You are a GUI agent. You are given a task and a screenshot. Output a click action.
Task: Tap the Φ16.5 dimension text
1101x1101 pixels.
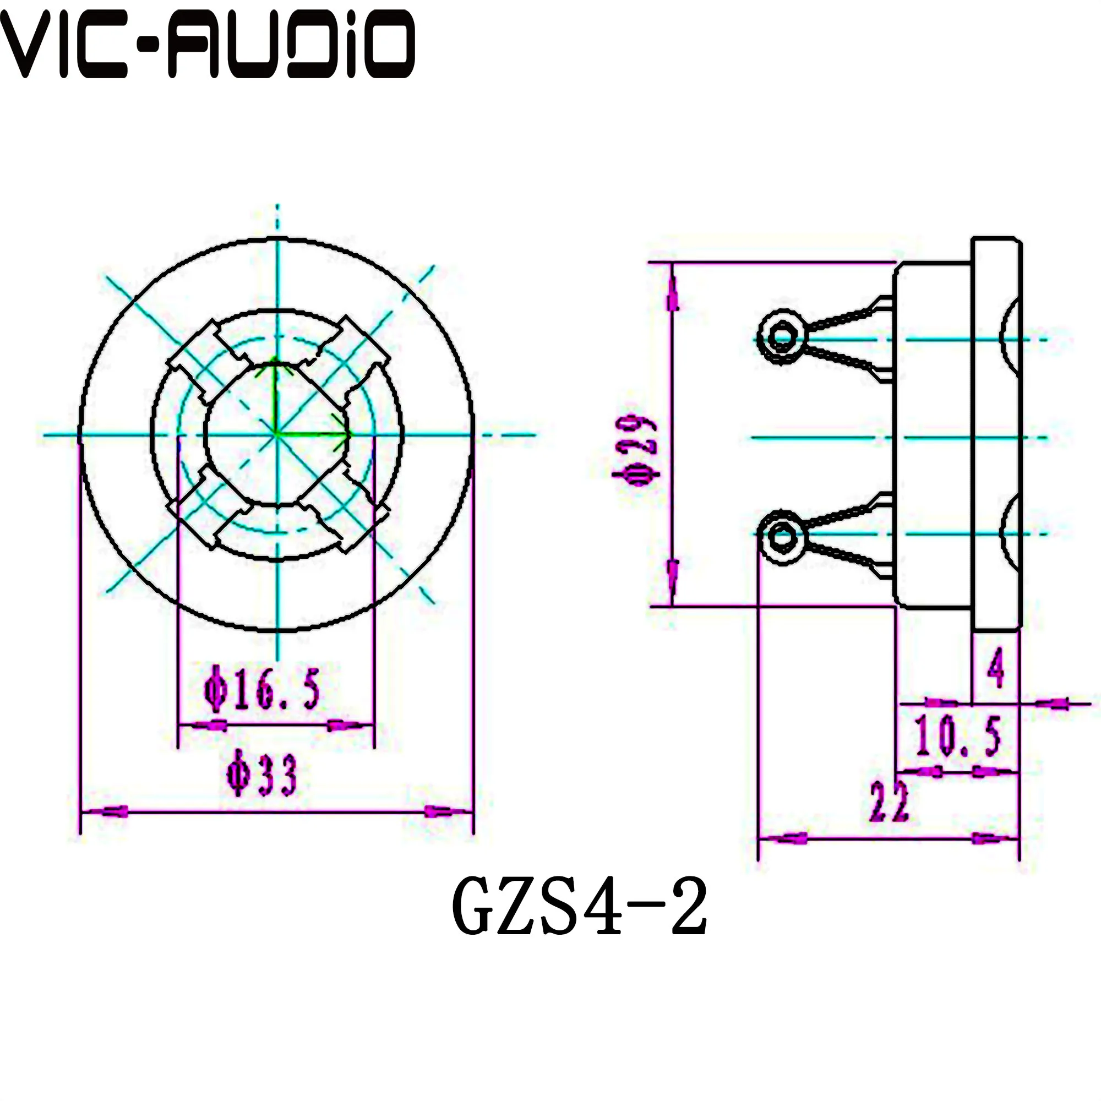[261, 690]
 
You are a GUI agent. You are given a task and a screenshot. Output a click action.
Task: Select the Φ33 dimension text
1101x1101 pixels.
[262, 775]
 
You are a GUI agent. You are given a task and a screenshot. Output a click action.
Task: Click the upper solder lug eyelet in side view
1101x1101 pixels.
[781, 337]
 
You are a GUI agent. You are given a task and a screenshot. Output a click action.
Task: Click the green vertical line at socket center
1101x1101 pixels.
[275, 399]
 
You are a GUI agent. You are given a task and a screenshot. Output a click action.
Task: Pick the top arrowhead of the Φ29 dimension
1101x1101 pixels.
[673, 293]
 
